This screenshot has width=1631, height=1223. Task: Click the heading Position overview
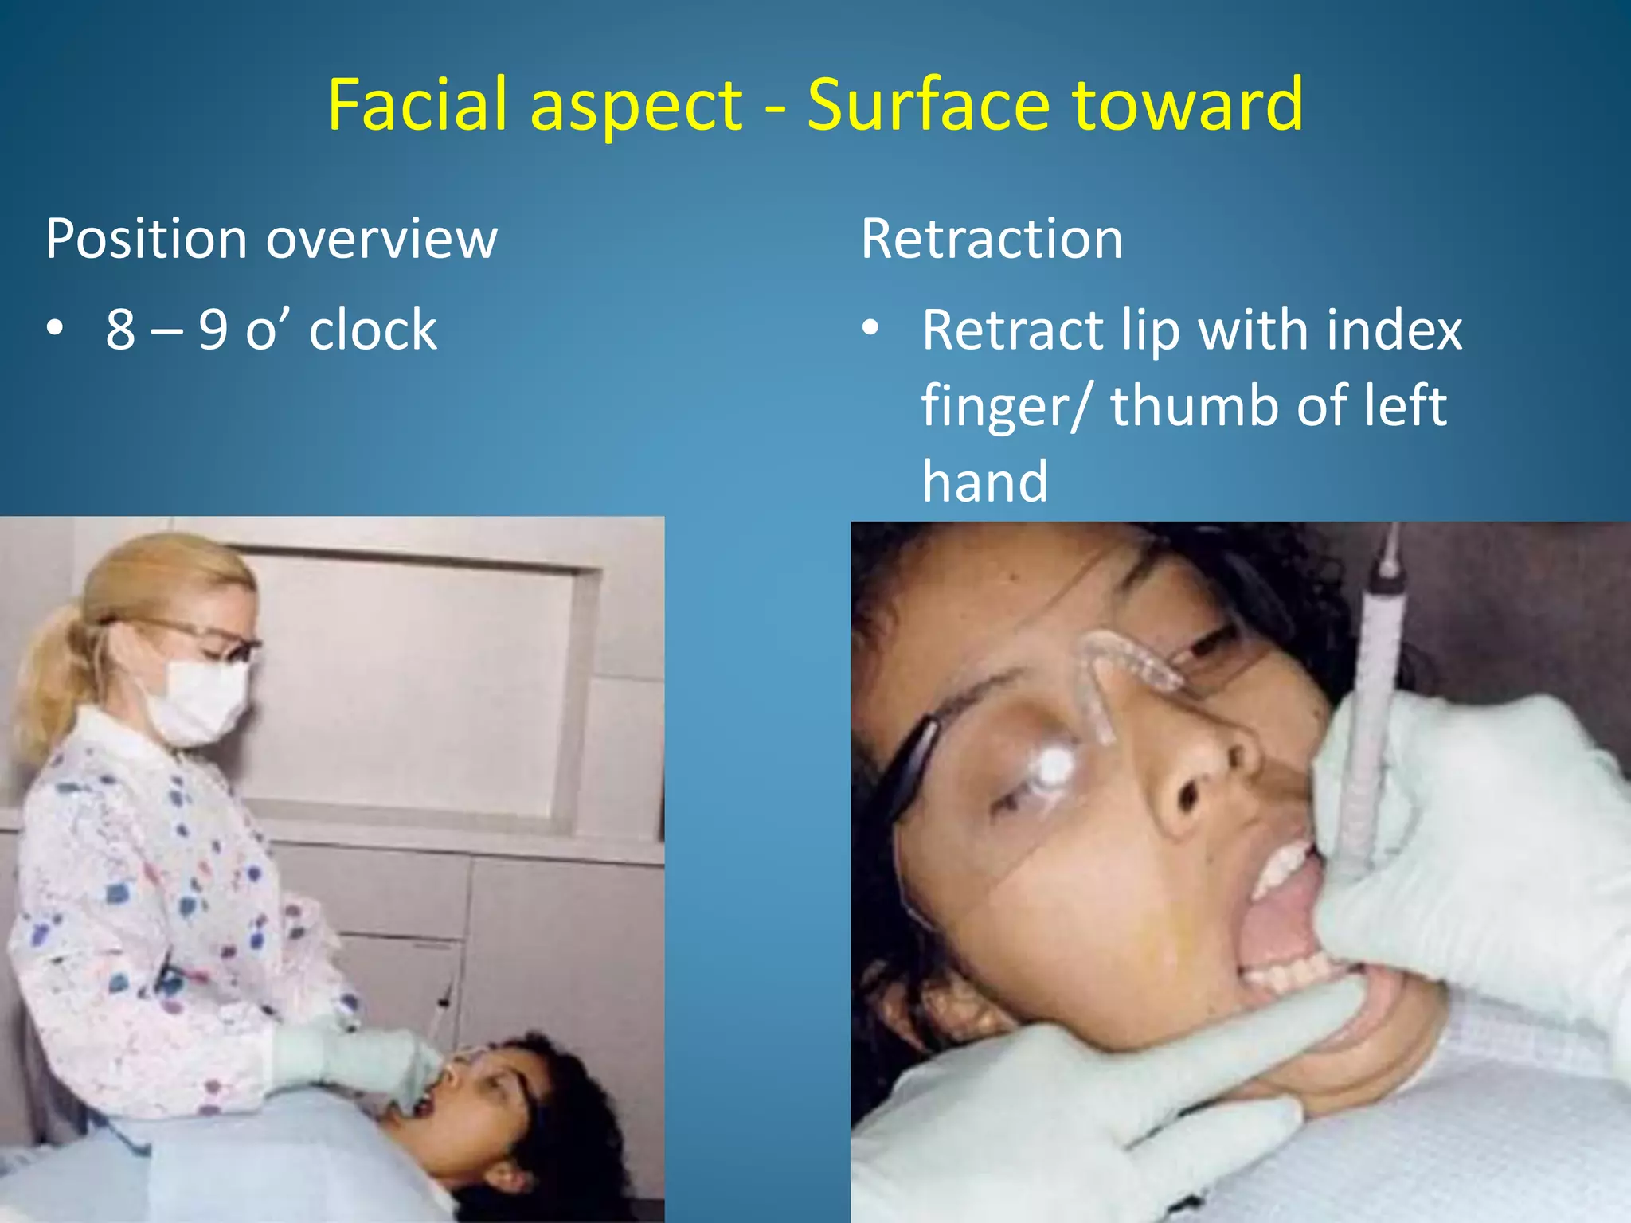coord(271,238)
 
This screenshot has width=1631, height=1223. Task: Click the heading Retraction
coord(992,238)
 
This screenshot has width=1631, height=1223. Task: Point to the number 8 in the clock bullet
coord(120,329)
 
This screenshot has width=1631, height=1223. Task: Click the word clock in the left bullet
coord(373,329)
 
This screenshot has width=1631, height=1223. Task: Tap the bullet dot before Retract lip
coord(871,327)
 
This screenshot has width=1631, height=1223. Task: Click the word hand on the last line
coord(984,481)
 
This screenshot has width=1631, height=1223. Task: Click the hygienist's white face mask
coord(199,700)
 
